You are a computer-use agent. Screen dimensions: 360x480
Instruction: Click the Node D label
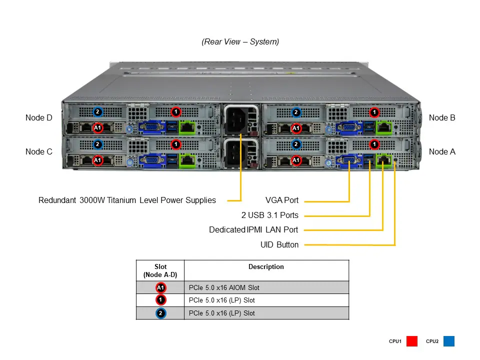coord(38,118)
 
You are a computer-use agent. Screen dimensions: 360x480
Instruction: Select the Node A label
coord(442,151)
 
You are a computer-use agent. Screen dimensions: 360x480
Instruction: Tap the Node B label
coord(442,118)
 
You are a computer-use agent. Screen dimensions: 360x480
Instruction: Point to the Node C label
coord(38,151)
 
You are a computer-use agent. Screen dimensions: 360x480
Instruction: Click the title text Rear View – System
coord(240,42)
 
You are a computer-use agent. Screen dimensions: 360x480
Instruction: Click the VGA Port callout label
coord(281,200)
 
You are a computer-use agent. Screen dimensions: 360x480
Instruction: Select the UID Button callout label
coord(279,245)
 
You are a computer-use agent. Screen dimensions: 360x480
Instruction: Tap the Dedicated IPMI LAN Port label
coord(253,230)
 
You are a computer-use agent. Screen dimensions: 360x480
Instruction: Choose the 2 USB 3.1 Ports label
coord(269,215)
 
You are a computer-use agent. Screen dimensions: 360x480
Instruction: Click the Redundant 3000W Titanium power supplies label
coord(127,200)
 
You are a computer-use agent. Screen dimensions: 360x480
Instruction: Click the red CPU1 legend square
coord(412,341)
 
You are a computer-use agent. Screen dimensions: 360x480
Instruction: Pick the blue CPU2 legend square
coord(448,341)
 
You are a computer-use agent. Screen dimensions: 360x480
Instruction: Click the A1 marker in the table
coord(160,287)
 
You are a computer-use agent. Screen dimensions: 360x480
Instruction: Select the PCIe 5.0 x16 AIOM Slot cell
coord(224,287)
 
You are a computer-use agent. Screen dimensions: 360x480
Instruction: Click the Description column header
coord(266,267)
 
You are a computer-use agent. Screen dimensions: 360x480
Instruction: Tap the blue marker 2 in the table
coord(160,313)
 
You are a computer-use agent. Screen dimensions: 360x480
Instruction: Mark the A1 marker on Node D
coord(98,127)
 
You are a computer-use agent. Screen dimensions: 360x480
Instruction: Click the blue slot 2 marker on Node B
coord(296,112)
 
